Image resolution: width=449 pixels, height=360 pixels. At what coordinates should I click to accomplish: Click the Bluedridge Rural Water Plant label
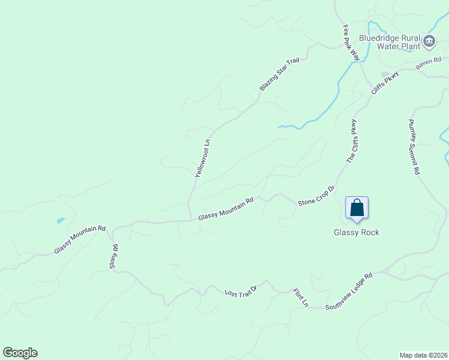click(x=389, y=41)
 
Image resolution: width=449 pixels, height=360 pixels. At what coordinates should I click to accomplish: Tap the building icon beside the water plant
click(x=429, y=41)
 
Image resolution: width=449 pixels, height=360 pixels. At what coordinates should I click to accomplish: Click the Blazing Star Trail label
click(x=279, y=74)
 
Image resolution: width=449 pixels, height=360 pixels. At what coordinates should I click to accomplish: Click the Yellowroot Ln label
click(x=203, y=158)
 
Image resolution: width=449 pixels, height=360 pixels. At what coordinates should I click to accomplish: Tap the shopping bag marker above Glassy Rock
click(x=357, y=208)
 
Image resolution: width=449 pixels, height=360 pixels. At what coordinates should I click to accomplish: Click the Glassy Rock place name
click(x=357, y=233)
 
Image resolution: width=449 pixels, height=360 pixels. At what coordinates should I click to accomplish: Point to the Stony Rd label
click(x=115, y=256)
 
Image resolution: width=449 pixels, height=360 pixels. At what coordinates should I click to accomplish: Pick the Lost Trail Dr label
click(x=241, y=292)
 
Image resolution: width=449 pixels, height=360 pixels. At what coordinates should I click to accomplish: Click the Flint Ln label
click(x=300, y=298)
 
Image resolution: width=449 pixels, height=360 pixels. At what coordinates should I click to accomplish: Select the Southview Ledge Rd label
click(x=349, y=292)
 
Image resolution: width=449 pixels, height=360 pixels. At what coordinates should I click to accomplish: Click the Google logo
click(x=20, y=353)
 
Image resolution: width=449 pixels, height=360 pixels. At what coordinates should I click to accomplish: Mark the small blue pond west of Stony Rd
click(x=61, y=221)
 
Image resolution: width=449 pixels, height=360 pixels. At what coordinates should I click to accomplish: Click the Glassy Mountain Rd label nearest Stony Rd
click(x=80, y=239)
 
